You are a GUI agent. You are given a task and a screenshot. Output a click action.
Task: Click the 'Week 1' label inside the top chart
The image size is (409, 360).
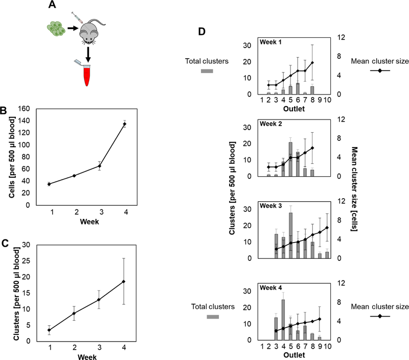271,42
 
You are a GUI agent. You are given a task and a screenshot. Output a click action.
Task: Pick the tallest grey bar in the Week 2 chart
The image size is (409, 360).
290,159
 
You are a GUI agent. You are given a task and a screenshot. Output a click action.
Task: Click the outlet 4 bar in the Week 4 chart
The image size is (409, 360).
283,320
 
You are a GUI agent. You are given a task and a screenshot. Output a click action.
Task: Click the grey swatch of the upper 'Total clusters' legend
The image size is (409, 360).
207,71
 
